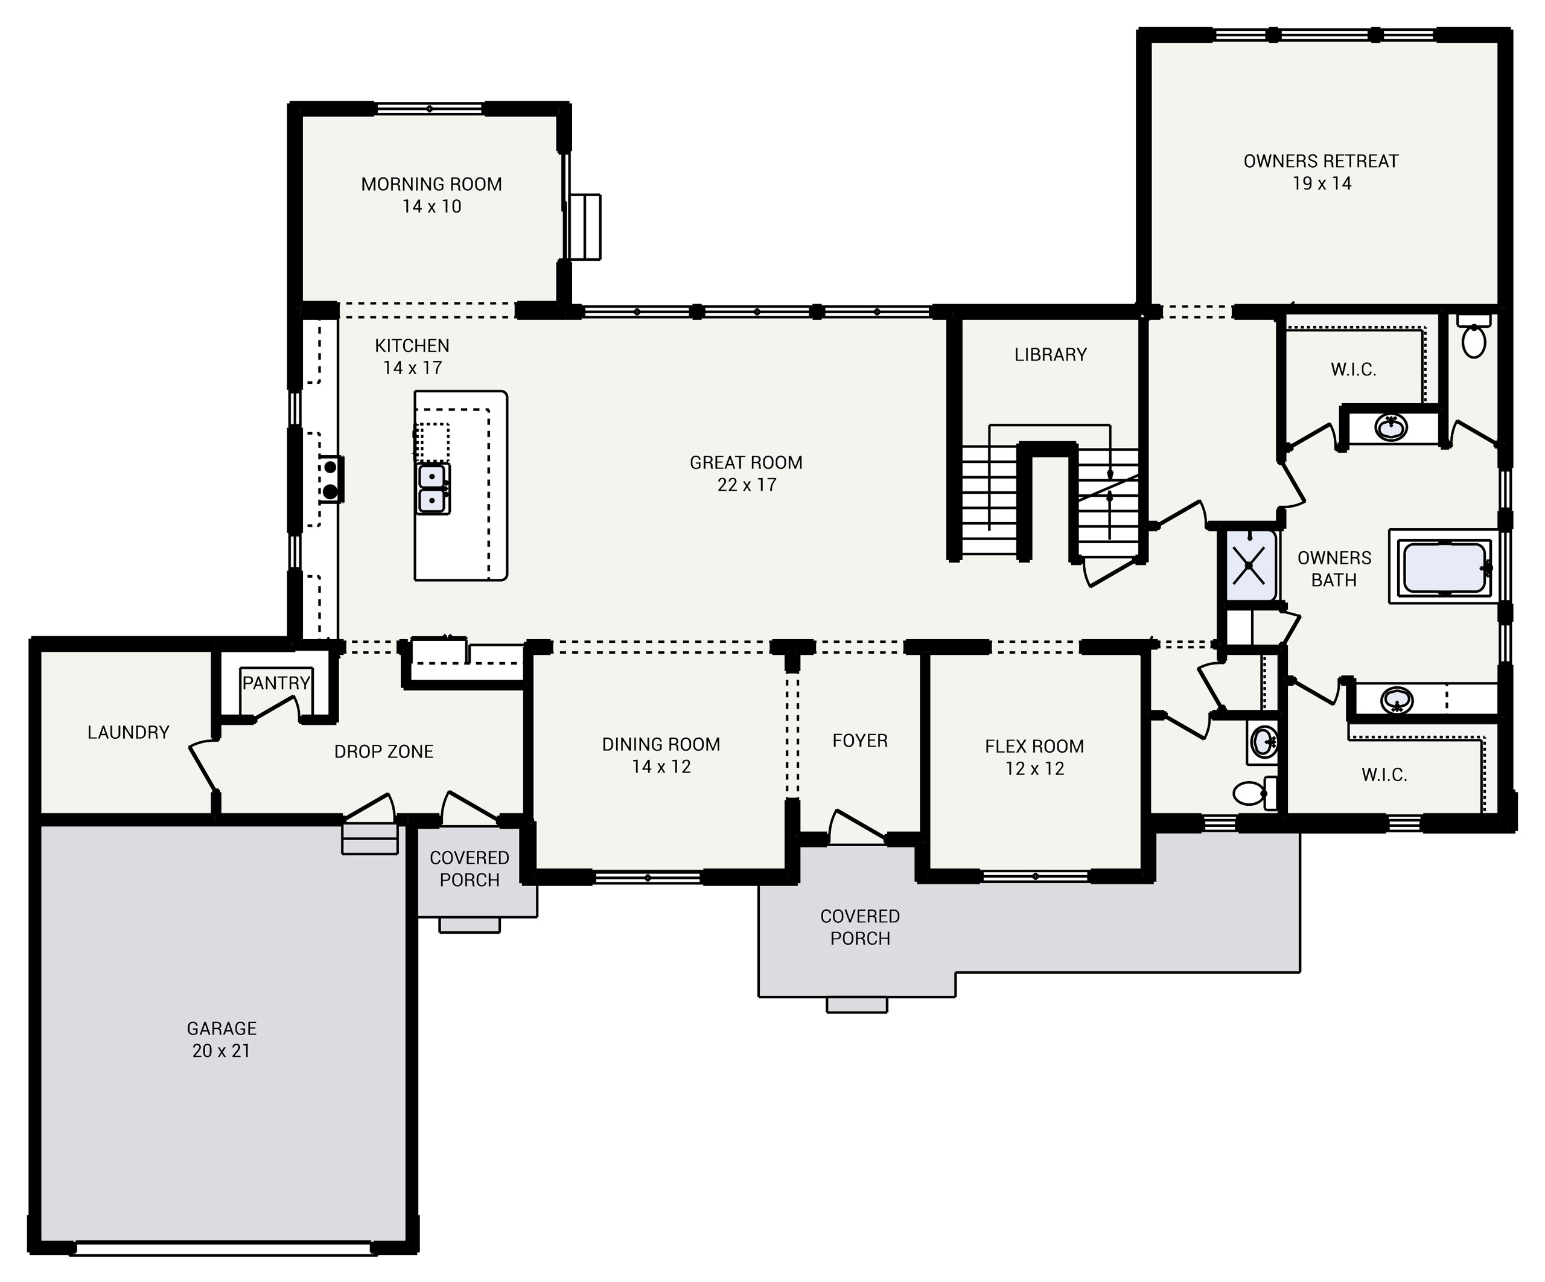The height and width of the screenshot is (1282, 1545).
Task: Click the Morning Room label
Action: click(431, 184)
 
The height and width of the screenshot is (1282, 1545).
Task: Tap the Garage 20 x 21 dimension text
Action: click(221, 1051)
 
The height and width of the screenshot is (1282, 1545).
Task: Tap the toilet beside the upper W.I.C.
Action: click(1474, 339)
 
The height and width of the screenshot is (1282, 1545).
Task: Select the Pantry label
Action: click(276, 683)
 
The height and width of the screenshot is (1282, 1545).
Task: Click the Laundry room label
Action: click(128, 732)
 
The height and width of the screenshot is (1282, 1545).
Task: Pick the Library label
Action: click(1050, 355)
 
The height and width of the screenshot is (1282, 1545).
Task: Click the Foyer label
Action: click(859, 741)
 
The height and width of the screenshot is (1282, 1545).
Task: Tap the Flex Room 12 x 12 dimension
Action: click(1034, 769)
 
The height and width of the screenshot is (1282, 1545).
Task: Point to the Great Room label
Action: click(745, 463)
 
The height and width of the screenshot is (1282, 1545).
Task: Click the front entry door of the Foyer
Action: click(857, 828)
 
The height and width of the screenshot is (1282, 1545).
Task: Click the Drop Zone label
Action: click(383, 751)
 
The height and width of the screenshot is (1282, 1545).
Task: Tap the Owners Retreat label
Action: click(1320, 161)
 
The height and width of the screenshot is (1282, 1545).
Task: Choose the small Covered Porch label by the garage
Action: click(470, 869)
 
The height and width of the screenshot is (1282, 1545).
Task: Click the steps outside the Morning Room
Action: click(585, 227)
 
